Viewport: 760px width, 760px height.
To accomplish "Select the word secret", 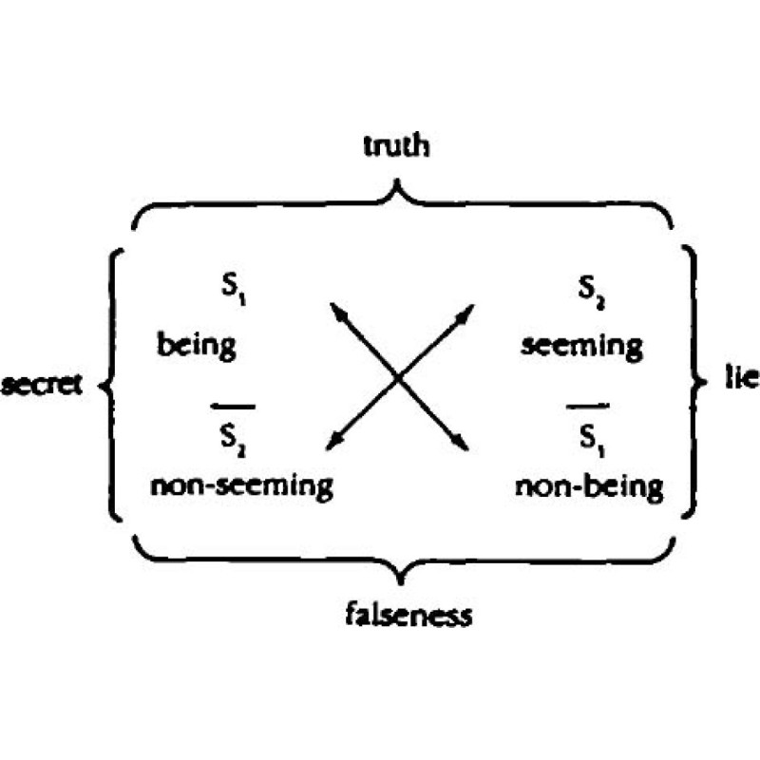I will tap(45, 385).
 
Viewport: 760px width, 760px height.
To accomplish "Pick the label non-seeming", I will tap(241, 485).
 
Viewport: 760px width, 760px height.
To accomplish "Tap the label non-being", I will tap(589, 486).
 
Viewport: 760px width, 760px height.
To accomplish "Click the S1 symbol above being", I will tap(231, 286).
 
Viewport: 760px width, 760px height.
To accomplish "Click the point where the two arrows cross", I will tap(400, 377).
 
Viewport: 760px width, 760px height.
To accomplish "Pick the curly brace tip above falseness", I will tap(404, 579).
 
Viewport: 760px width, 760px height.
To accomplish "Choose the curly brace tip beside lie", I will tap(704, 381).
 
